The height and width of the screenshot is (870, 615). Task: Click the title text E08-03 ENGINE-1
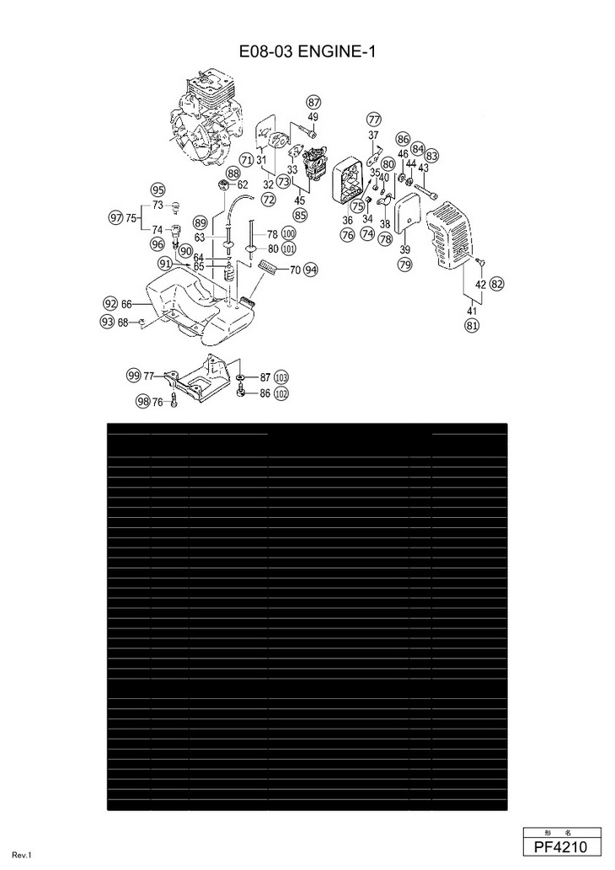(307, 52)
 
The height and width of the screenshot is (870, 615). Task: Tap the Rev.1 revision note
(22, 856)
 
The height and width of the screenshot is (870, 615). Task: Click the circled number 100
(288, 233)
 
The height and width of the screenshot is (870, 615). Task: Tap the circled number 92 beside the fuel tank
(110, 303)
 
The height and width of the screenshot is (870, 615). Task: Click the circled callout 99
(133, 376)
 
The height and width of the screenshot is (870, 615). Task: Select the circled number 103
(281, 377)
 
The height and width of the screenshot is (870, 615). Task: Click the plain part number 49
(313, 116)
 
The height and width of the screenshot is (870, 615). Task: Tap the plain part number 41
(472, 311)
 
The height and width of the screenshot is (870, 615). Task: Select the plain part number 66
(126, 303)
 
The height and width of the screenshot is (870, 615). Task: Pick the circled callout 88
(233, 173)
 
